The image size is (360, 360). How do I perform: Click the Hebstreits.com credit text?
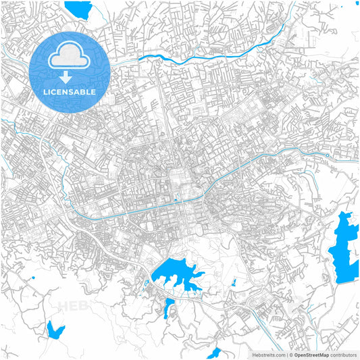268,355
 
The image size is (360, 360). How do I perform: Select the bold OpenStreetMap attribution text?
311,355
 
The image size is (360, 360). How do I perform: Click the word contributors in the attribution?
344,355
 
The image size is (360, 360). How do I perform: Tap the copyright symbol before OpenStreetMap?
291,355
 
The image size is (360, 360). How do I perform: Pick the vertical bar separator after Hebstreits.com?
286,355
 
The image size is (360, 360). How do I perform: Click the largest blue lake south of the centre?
174,274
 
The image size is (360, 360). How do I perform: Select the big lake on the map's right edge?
344,247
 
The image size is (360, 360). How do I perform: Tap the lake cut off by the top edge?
78,8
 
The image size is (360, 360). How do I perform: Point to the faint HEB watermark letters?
74,306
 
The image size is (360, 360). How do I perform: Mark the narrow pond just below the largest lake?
169,307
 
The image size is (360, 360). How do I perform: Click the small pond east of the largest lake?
232,282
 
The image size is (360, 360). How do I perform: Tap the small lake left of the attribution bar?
213,353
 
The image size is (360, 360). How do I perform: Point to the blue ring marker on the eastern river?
327,156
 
